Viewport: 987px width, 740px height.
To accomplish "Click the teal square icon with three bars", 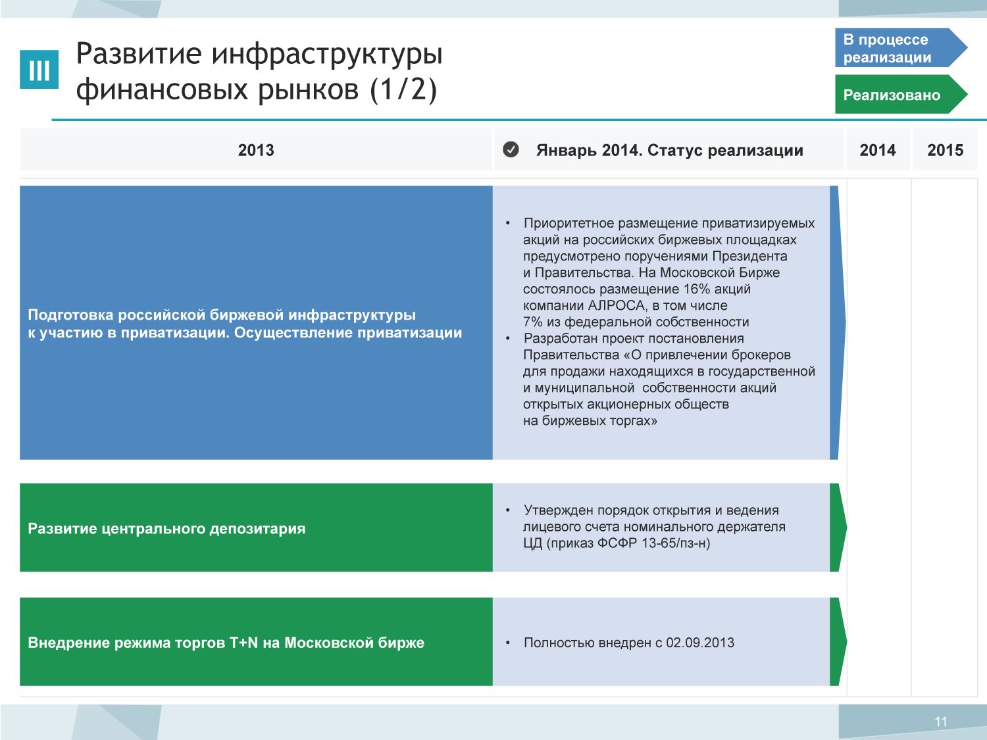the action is coord(39,70).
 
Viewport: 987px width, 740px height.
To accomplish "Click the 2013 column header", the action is coord(256,150).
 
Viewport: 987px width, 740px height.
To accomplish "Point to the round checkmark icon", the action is coord(511,149).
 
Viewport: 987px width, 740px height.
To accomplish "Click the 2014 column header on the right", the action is coord(878,150).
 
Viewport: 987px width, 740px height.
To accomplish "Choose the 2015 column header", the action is coord(945,150).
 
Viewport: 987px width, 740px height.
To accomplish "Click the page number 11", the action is coord(941,722).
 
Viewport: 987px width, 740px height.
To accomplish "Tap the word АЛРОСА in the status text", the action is coord(617,305).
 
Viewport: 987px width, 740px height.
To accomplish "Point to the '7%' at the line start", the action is coord(533,322).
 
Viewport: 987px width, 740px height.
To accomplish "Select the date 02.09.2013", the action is coord(700,643).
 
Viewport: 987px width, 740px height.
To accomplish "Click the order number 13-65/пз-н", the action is coord(676,543).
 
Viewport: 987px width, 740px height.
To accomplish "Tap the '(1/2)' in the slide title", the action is coord(403,89).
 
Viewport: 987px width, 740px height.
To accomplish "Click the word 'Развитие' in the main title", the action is coord(139,53).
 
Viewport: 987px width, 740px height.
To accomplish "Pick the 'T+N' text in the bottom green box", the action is coord(243,643).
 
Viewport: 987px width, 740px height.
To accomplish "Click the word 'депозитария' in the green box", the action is coord(257,529).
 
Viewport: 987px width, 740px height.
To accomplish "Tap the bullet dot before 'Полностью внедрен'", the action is coord(508,643).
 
